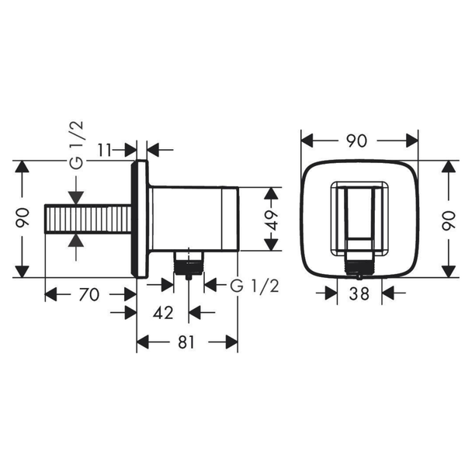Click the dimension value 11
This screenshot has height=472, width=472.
[105, 150]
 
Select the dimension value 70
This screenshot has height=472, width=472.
[89, 294]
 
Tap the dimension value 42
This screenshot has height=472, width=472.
[163, 313]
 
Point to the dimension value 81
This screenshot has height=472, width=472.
[186, 342]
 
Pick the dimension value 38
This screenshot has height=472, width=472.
[359, 293]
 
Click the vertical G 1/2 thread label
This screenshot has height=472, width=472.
[76, 145]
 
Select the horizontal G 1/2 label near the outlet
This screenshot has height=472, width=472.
[255, 286]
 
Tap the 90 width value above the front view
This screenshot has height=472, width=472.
[356, 141]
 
